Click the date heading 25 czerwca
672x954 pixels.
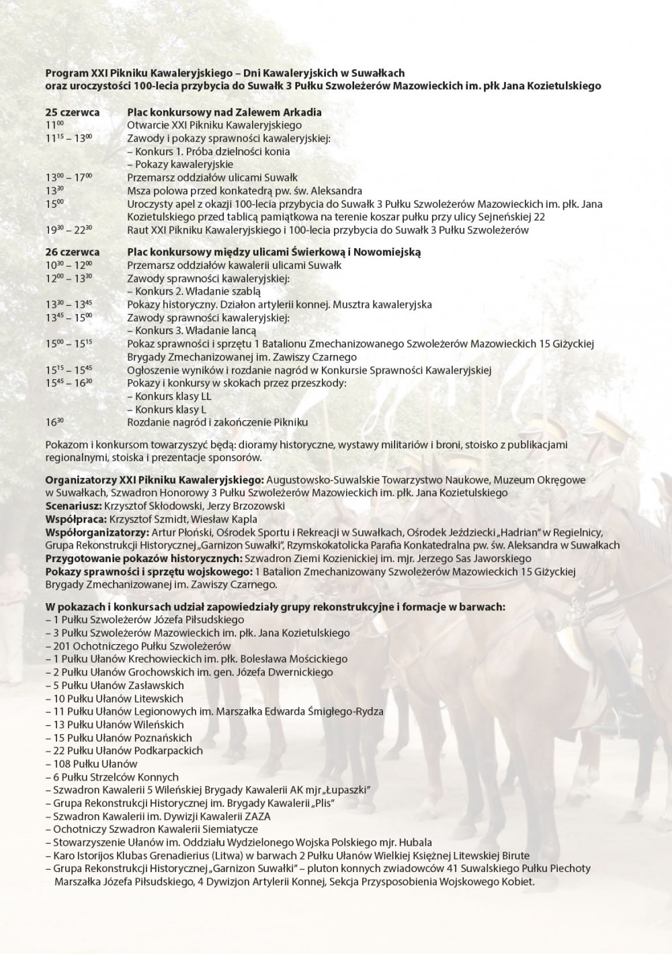tap(73, 112)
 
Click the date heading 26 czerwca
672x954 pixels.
tap(73, 252)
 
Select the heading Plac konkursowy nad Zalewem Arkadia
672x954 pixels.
tap(224, 112)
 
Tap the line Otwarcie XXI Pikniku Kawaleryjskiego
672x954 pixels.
tap(214, 125)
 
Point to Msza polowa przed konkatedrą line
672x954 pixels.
tap(245, 191)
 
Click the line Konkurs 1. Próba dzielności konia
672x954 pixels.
tap(208, 151)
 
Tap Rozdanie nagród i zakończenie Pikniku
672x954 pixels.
tap(217, 423)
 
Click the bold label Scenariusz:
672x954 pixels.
tap(73, 506)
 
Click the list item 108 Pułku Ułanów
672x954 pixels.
tap(95, 764)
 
